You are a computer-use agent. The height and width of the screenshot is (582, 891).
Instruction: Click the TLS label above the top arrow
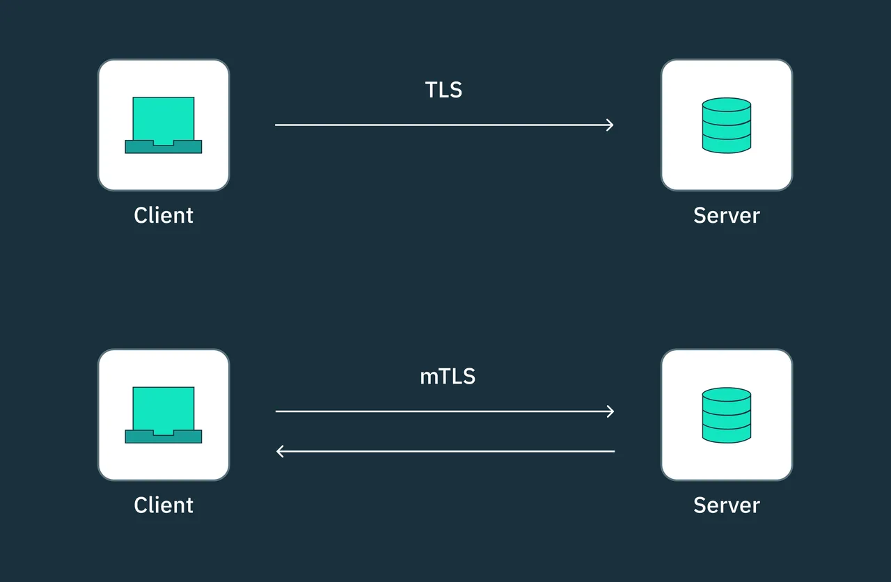click(x=443, y=90)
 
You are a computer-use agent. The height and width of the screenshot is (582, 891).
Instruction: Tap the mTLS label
click(x=448, y=376)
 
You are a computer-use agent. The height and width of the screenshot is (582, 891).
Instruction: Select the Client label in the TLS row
click(x=164, y=215)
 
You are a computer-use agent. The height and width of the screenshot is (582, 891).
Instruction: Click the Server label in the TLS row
click(x=727, y=215)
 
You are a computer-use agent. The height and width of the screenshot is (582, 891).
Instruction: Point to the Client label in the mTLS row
click(x=164, y=505)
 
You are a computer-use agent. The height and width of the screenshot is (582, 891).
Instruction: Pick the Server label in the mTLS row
click(x=727, y=505)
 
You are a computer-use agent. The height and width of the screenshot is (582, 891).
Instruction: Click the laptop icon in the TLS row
click(x=164, y=125)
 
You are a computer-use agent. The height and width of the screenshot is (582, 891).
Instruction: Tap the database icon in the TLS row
click(x=727, y=125)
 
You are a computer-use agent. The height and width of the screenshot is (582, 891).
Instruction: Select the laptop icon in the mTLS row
click(x=164, y=415)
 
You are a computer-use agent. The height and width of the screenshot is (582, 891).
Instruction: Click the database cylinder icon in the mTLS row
click(x=727, y=415)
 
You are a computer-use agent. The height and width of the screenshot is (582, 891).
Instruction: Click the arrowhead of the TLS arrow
click(x=610, y=125)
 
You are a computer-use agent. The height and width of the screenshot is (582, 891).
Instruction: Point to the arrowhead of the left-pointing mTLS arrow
click(x=280, y=451)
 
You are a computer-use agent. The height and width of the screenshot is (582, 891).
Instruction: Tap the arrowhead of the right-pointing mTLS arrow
click(x=610, y=411)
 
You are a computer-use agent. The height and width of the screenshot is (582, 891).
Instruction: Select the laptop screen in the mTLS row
click(x=164, y=409)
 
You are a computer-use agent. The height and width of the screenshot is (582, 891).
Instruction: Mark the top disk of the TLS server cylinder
click(x=727, y=105)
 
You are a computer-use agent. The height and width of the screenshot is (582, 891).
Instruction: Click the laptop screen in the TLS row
click(x=164, y=119)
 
